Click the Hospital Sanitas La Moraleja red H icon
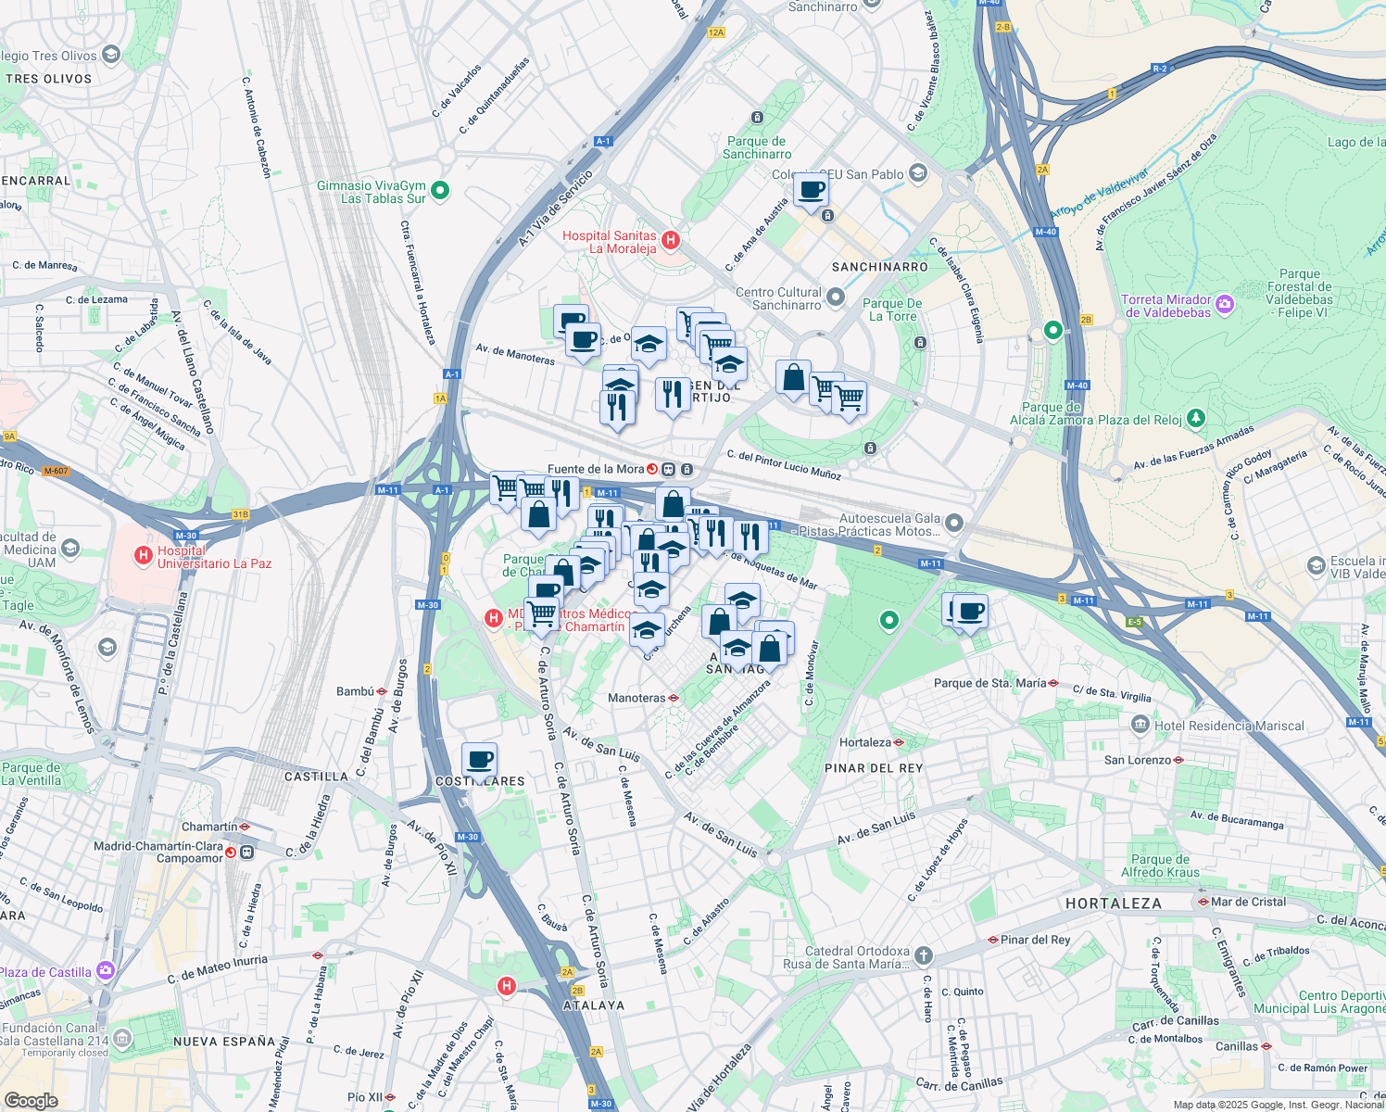tap(672, 241)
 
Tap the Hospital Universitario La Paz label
tap(214, 557)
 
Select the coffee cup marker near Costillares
tap(479, 761)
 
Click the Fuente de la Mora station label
tap(595, 469)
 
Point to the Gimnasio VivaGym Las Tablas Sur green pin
tap(441, 191)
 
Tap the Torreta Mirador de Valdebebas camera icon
tap(1225, 304)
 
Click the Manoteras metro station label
tap(636, 698)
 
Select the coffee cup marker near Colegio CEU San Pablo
tap(812, 191)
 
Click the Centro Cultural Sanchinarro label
tap(778, 298)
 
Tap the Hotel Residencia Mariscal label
tap(1229, 726)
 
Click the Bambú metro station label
tap(355, 691)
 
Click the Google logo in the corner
tap(31, 1100)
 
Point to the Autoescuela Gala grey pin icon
tap(954, 524)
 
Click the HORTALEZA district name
tap(1113, 903)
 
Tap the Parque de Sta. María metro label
tap(989, 683)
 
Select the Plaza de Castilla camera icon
tap(106, 970)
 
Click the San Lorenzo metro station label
tap(1138, 760)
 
